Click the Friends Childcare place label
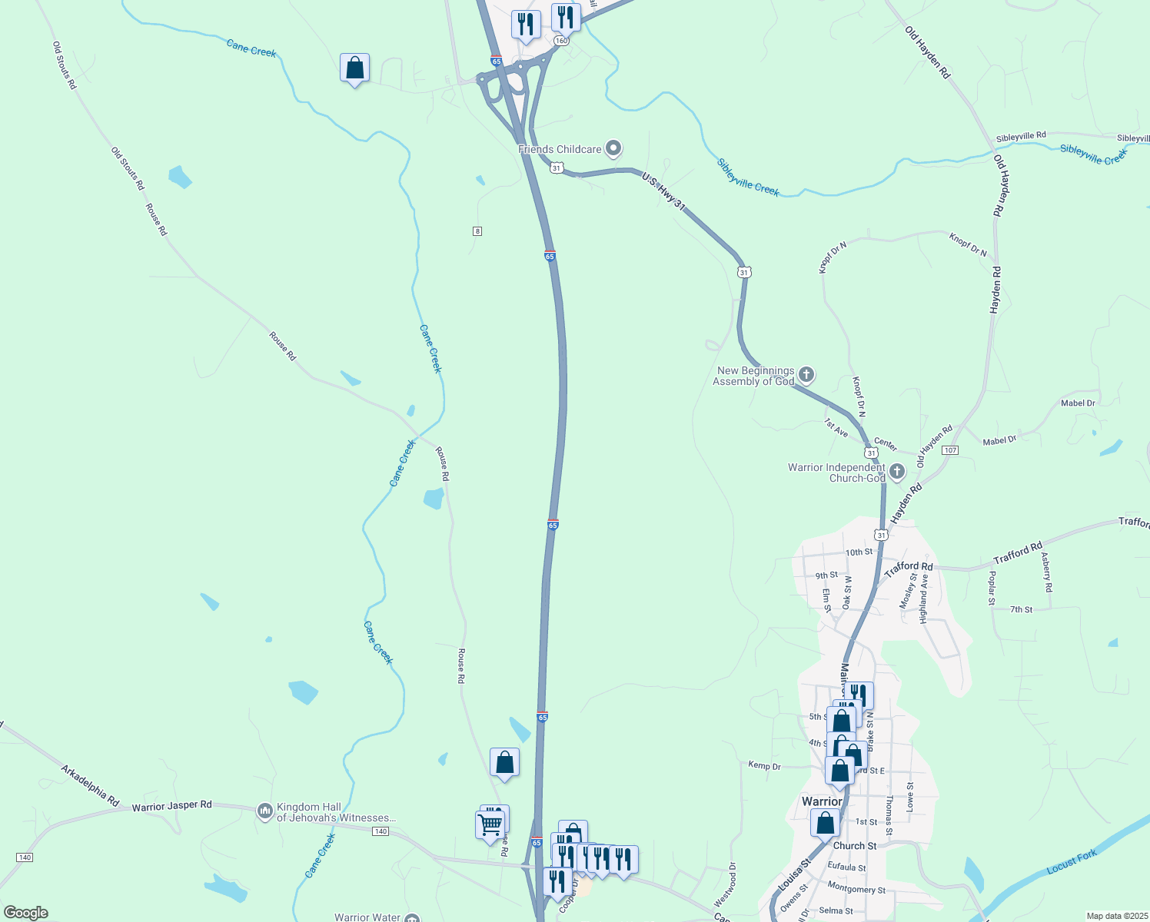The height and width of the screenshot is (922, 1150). point(560,149)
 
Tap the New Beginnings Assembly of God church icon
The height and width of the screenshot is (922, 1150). point(806,376)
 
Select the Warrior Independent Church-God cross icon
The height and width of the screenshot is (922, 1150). point(897,469)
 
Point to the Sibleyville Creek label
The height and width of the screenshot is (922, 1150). point(747,177)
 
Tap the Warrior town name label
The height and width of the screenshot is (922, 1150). point(822,801)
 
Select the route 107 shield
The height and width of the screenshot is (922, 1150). point(951,449)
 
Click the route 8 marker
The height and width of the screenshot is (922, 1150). point(477,231)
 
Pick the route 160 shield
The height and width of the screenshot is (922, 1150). point(561,41)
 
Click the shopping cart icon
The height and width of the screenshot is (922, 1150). point(490,825)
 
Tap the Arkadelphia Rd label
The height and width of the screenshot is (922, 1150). point(90,785)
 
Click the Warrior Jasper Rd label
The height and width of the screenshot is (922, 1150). point(171,806)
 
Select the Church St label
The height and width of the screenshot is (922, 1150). point(855,846)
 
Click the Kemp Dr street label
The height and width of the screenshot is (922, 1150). point(764,765)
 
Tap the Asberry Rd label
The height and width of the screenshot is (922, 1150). point(1046,572)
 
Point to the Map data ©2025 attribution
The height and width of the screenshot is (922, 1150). point(1115,916)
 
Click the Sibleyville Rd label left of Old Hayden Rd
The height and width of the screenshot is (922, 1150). point(1021,136)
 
